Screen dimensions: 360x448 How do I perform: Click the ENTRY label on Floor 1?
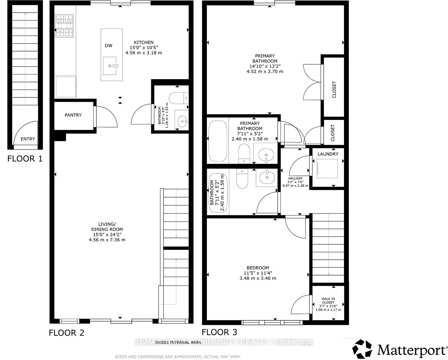click(x=28, y=139)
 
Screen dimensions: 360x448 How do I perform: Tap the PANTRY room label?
click(x=73, y=115)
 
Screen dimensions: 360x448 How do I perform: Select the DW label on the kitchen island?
click(x=108, y=45)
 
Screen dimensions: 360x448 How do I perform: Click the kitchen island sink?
click(x=110, y=66)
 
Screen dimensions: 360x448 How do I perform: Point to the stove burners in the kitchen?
click(x=65, y=26)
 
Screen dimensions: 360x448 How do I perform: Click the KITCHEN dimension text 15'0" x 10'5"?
click(x=144, y=47)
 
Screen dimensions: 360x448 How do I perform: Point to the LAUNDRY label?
click(x=328, y=154)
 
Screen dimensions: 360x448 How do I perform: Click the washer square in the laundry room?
click(x=327, y=168)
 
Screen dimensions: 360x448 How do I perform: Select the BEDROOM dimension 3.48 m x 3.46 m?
click(x=258, y=278)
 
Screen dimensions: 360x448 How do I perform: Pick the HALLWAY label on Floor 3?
click(x=295, y=178)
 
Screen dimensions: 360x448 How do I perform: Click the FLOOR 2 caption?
click(x=67, y=333)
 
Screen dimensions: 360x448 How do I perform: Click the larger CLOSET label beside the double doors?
click(x=334, y=89)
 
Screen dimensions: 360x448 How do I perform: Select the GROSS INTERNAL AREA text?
click(x=178, y=342)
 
